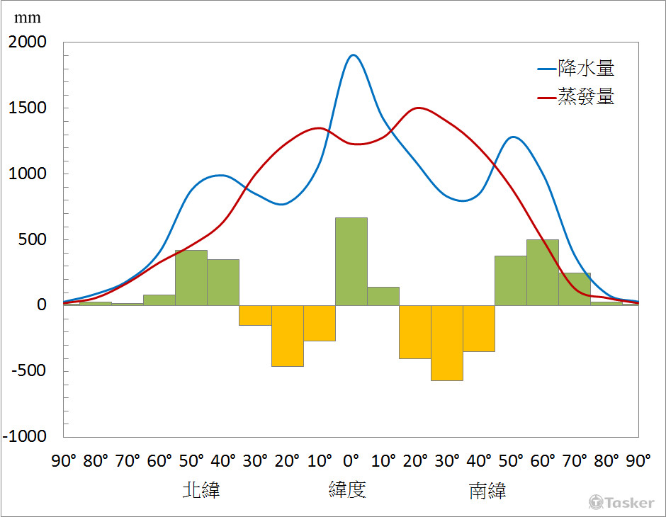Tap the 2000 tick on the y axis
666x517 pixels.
(x=27, y=42)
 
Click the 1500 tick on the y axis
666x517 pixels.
(x=27, y=108)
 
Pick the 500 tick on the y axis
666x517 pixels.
(x=32, y=239)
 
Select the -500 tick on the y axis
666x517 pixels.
(x=27, y=370)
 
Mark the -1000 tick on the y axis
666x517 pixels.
(x=25, y=436)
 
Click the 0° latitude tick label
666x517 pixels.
(x=351, y=461)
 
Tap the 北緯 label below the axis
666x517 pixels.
(x=201, y=490)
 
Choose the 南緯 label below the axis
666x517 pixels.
(x=487, y=491)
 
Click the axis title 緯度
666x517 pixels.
(x=347, y=489)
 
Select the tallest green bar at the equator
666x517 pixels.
(x=351, y=261)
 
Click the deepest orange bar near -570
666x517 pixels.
(x=447, y=343)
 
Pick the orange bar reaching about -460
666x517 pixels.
(x=288, y=336)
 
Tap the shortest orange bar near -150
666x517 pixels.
(x=255, y=315)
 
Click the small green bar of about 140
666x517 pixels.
(x=383, y=296)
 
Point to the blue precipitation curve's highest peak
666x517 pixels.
(x=354, y=55)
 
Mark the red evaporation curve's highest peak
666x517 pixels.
(x=419, y=108)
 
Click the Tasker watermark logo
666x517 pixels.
(x=621, y=502)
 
